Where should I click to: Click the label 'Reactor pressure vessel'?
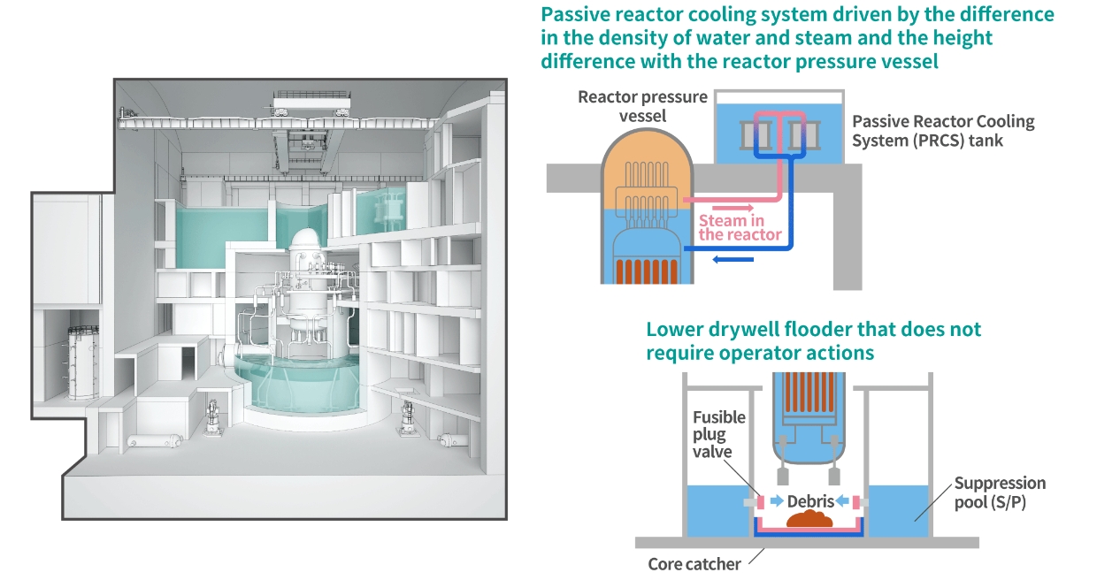click(x=642, y=106)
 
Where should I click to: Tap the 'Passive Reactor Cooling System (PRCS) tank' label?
click(x=943, y=131)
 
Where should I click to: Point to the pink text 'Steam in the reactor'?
click(x=740, y=227)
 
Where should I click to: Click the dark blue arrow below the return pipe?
click(x=733, y=259)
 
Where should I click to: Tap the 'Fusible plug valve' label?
click(x=718, y=434)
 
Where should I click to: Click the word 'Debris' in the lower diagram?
click(x=811, y=501)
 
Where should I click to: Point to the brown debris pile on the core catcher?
click(x=813, y=520)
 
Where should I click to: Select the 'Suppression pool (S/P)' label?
click(x=1000, y=492)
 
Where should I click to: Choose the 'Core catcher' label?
click(x=694, y=564)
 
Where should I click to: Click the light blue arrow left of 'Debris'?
click(x=776, y=501)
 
